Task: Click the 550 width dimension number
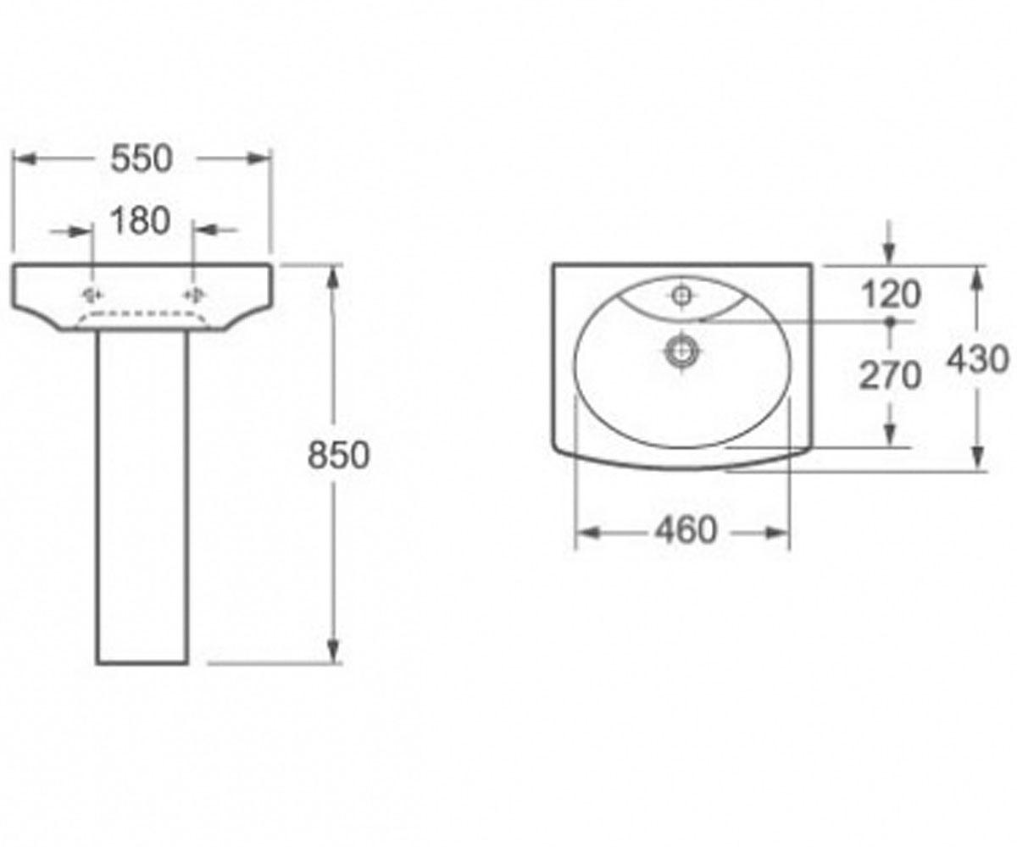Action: [x=142, y=159]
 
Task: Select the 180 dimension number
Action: [x=141, y=221]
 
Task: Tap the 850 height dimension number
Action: [x=338, y=456]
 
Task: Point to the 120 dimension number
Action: [x=891, y=295]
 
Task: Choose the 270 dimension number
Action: [x=891, y=375]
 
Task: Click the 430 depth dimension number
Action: [x=977, y=360]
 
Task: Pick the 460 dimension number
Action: [x=686, y=530]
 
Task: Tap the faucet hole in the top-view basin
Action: [x=681, y=295]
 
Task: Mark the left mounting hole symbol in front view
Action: [x=92, y=295]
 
